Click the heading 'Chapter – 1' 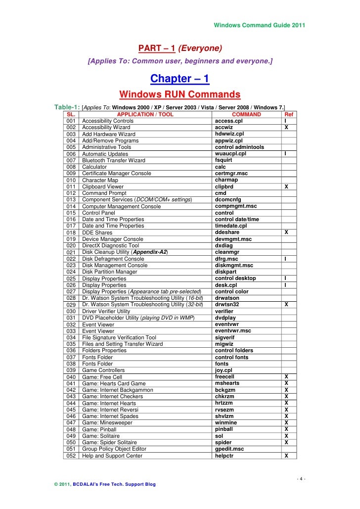tap(180, 79)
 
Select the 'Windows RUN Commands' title tap(180, 94)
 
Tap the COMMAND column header tap(246, 114)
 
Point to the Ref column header tap(286, 114)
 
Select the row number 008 tap(71, 167)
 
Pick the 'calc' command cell tap(221, 167)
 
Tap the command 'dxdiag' tap(224, 245)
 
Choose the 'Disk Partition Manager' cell tap(110, 272)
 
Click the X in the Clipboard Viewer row tap(286, 187)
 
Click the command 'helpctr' tap(225, 456)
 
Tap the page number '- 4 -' tap(301, 478)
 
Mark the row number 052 tap(71, 456)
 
